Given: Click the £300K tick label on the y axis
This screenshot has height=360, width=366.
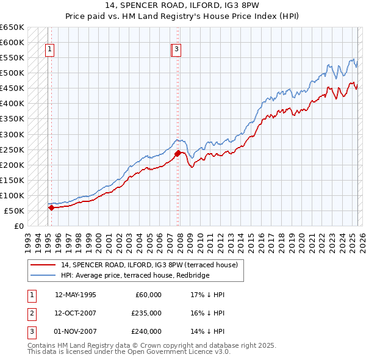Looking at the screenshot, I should coord(12,134).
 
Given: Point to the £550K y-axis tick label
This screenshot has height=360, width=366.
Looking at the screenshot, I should coord(12,58).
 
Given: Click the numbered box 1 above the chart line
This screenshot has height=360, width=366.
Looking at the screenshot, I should coord(49,50).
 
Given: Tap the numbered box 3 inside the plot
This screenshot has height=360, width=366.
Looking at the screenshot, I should coord(176,50).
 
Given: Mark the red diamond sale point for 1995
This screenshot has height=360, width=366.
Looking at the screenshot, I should coord(51,207).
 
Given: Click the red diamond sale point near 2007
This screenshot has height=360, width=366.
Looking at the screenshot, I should coord(178,153).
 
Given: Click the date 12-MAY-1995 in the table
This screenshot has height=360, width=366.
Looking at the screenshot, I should coord(75,295).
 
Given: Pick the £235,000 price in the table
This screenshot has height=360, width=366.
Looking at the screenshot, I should coord(146,313).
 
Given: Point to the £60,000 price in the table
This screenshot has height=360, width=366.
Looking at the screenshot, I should coord(148,295).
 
